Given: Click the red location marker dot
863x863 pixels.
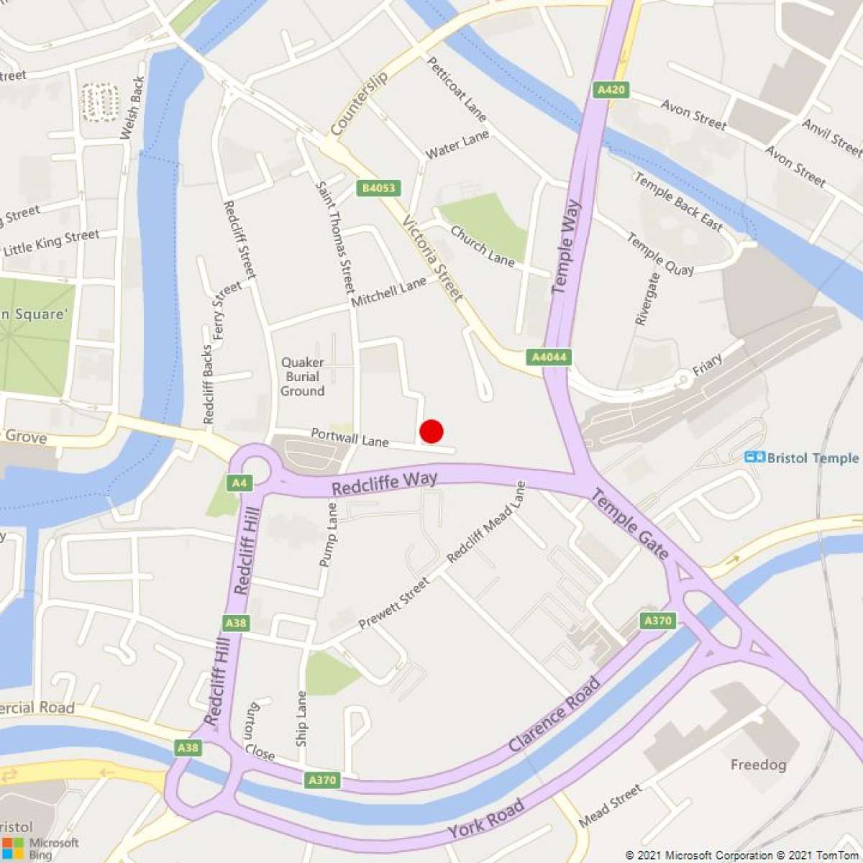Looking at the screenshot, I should click(431, 431).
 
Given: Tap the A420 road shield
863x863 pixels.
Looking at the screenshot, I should click(611, 90).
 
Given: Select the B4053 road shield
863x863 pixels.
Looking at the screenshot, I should click(378, 188).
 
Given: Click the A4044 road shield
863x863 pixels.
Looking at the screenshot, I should click(549, 357).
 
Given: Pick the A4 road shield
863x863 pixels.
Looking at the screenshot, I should click(239, 483).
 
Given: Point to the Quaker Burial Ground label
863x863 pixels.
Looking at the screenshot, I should click(302, 377).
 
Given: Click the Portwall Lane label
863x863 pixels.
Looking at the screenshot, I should click(350, 437).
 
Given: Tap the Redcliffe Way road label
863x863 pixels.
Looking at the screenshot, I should click(384, 483).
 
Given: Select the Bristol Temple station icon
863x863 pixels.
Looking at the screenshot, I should click(754, 457).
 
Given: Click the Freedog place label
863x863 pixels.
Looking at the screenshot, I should click(758, 764).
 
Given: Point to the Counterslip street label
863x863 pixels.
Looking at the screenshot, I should click(359, 104).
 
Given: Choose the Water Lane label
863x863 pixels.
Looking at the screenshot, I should click(457, 145).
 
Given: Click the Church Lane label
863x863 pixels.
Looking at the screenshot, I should click(483, 246).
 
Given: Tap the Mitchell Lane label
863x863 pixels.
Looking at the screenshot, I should click(388, 293).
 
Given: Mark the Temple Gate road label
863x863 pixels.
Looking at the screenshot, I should click(631, 524).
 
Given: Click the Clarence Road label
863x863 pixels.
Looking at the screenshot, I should click(554, 714).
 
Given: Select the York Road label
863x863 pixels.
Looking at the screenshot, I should click(485, 820).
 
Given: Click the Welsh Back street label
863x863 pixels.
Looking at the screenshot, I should click(132, 108).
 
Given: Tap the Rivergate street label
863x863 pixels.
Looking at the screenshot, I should click(647, 298).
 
